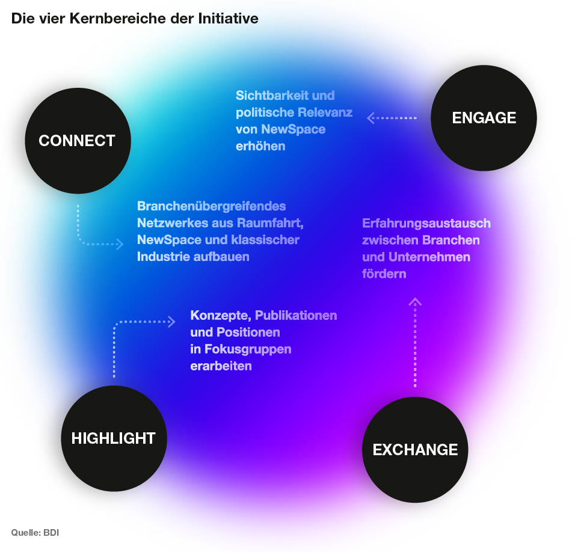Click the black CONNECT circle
tap(78, 141)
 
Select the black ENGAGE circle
tap(484, 118)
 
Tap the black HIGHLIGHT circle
tap(114, 438)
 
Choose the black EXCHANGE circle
tap(415, 449)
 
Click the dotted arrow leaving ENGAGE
tap(392, 118)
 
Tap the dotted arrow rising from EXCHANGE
tap(415, 343)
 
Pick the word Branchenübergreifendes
tap(211, 206)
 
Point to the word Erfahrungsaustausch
tap(426, 224)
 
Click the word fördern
tap(384, 274)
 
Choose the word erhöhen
tap(260, 146)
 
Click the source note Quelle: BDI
tap(35, 533)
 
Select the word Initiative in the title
tap(229, 19)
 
